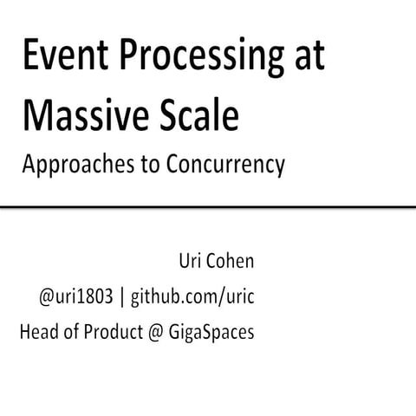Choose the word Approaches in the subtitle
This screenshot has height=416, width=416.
(x=73, y=165)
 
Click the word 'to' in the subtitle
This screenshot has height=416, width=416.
(x=139, y=164)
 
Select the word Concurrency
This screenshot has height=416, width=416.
(x=219, y=165)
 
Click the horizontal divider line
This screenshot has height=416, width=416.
(x=208, y=208)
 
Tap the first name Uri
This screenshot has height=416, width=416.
(x=187, y=262)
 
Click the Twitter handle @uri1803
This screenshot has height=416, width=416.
(x=75, y=296)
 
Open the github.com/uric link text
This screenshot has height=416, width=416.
(x=194, y=297)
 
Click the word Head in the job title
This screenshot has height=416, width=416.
(x=38, y=331)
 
